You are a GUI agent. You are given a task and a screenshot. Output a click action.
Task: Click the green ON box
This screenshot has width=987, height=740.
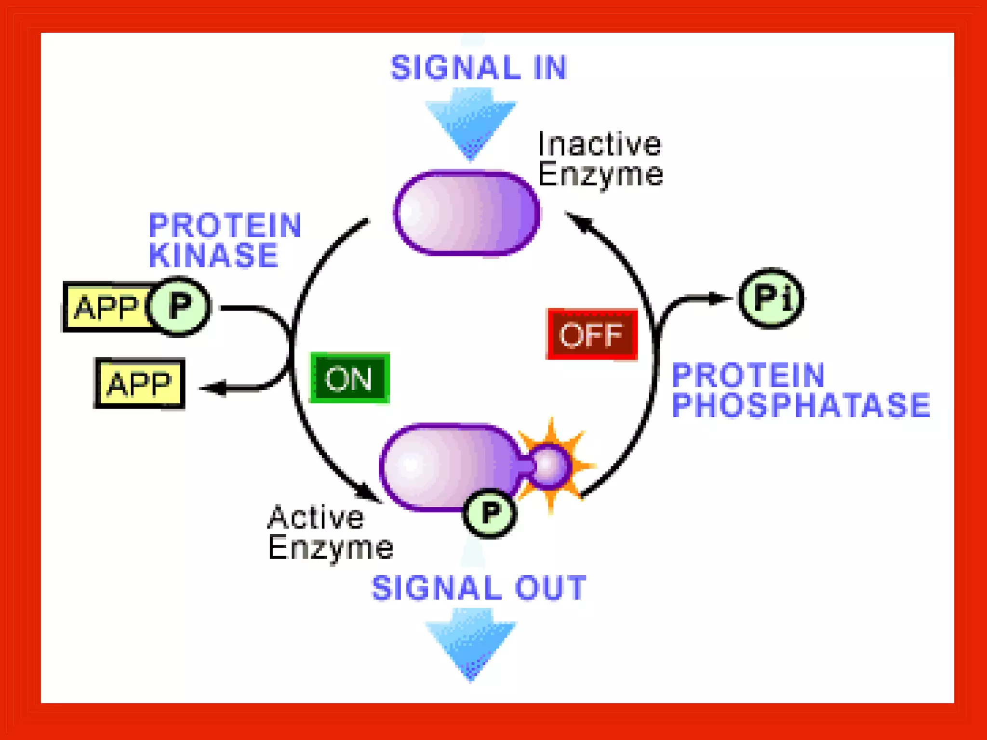click(349, 378)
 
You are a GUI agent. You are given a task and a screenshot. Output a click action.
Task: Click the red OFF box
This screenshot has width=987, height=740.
click(592, 334)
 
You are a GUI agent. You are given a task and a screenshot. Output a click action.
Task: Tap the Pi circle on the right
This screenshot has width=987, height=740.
click(771, 298)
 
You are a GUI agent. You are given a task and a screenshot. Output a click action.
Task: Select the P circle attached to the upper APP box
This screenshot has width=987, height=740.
click(180, 306)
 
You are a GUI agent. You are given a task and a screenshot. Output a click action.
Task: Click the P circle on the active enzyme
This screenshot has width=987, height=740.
click(490, 513)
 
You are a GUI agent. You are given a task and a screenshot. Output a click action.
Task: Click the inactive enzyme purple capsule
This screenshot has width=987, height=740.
click(467, 212)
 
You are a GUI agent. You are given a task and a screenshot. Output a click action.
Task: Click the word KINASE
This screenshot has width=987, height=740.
click(213, 255)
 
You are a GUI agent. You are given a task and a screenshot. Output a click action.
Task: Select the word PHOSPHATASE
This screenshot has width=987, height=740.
click(800, 405)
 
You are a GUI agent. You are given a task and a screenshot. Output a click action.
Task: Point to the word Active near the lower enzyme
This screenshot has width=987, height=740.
click(316, 517)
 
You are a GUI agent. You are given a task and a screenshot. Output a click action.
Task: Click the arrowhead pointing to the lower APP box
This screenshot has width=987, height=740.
click(214, 388)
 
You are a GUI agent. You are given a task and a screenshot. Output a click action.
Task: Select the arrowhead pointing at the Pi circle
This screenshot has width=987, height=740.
click(719, 299)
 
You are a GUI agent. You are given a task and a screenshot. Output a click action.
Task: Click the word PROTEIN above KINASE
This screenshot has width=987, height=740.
click(225, 225)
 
